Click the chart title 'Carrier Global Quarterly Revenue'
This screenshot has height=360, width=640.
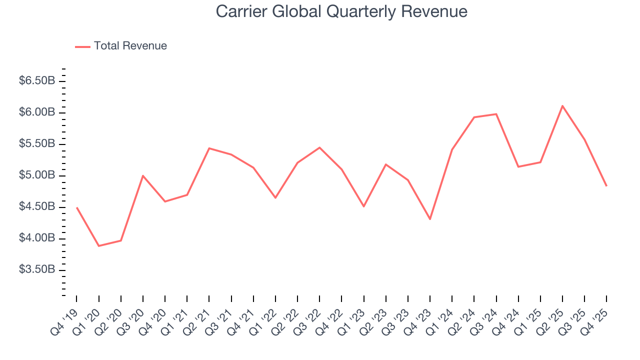(341, 11)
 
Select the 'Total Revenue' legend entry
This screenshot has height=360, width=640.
(130, 46)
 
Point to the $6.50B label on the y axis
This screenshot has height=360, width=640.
(36, 81)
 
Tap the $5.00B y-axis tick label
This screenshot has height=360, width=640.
(36, 175)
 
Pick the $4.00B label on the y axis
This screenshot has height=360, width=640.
(36, 238)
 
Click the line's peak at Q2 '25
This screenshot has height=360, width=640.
(562, 106)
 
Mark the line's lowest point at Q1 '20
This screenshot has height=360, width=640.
(98, 246)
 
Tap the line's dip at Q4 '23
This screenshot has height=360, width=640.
(430, 219)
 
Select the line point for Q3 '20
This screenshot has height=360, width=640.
(143, 175)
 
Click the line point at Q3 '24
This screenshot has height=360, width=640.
(496, 114)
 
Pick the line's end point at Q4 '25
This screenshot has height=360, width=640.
(606, 186)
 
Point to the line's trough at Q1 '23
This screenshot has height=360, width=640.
(363, 206)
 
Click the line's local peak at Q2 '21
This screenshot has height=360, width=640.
(209, 148)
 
